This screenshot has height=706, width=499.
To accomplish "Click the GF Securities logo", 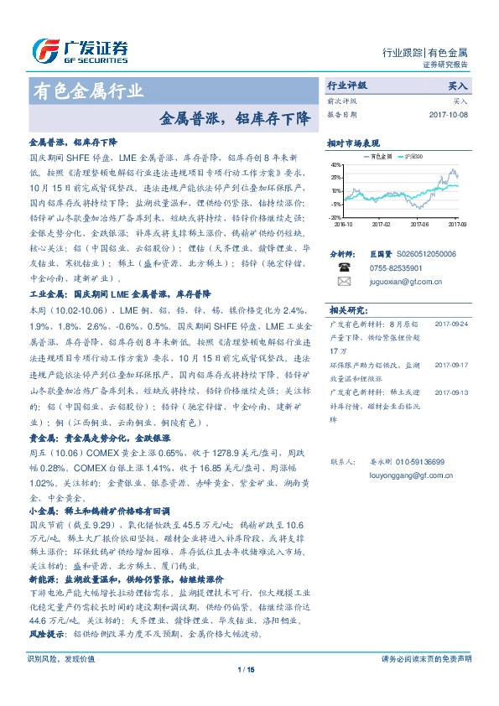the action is pyautogui.click(x=80, y=50).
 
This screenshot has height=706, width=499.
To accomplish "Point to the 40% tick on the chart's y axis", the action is pyautogui.click(x=336, y=165).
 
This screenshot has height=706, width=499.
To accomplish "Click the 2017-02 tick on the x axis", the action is pyautogui.click(x=382, y=224).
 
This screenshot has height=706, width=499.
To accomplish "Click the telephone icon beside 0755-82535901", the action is pyautogui.click(x=343, y=267).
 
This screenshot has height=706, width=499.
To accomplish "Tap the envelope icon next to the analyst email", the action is pyautogui.click(x=343, y=282).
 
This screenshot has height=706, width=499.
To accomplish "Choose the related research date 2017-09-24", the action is pyautogui.click(x=451, y=323).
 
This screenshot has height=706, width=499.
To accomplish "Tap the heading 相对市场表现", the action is pyautogui.click(x=353, y=143).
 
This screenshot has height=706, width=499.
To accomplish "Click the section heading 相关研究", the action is pyautogui.click(x=345, y=309).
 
